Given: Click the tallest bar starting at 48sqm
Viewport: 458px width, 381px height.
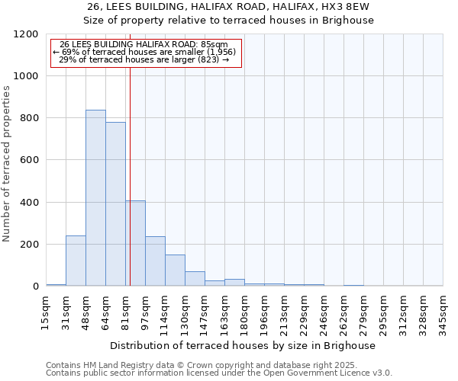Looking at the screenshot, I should click(x=95, y=198).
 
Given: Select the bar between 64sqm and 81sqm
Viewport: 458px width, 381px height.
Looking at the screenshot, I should click(x=115, y=204).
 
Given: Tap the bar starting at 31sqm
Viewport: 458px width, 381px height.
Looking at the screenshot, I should click(x=76, y=261).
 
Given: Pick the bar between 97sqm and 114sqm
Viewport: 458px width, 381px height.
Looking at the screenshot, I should click(x=155, y=261).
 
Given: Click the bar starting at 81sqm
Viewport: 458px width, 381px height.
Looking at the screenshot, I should click(x=136, y=244).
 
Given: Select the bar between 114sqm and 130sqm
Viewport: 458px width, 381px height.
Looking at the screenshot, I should click(x=175, y=271).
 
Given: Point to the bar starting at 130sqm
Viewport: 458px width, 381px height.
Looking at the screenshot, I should click(x=195, y=279).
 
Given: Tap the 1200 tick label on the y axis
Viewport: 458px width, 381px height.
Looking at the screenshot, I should click(x=27, y=34).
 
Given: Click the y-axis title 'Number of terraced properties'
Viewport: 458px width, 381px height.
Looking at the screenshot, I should click(x=7, y=164).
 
